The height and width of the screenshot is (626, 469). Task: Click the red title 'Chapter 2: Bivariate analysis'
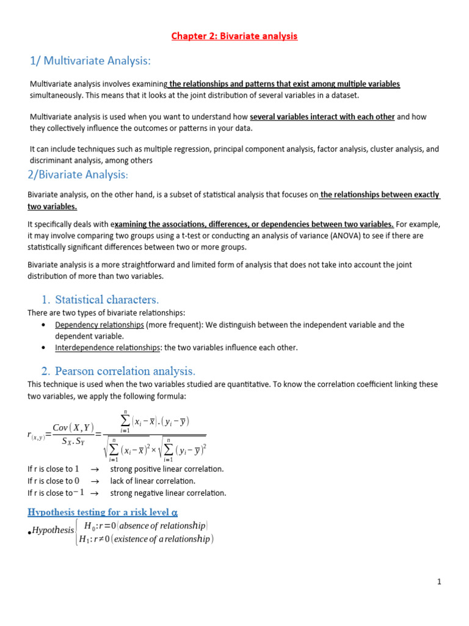tap(234, 36)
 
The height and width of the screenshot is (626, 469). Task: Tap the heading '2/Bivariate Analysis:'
tap(78, 175)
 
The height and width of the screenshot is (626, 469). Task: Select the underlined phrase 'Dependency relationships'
tap(100, 325)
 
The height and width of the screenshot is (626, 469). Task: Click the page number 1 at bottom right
tap(439, 582)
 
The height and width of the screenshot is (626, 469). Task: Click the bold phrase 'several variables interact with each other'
tap(322, 117)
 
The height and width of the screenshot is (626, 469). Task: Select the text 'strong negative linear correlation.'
tap(168, 493)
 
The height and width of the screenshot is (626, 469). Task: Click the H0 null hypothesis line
tap(145, 526)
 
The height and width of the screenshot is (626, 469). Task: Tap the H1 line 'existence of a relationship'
tap(145, 539)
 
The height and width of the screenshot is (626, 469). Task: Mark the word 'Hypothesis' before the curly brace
tap(53, 530)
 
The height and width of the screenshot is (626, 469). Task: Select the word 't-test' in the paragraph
tap(170, 235)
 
